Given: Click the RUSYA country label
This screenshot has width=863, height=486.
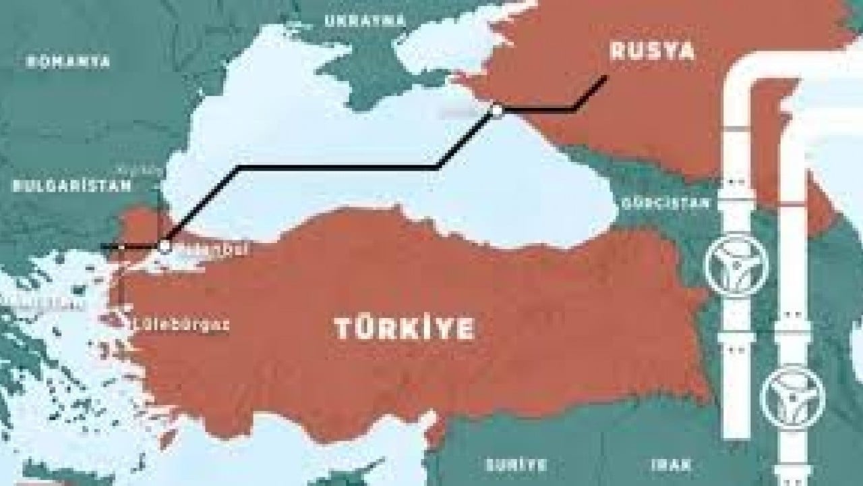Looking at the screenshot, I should click(x=651, y=52).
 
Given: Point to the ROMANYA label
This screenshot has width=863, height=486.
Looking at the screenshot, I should click(x=68, y=61).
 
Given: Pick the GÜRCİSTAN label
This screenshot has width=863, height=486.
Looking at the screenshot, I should click(x=665, y=202).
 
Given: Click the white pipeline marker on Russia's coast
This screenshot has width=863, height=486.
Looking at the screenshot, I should click(x=498, y=110).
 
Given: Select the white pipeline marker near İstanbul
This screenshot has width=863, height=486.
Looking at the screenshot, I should click(x=165, y=246).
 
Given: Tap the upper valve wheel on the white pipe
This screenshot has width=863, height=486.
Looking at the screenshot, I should click(x=732, y=265).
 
